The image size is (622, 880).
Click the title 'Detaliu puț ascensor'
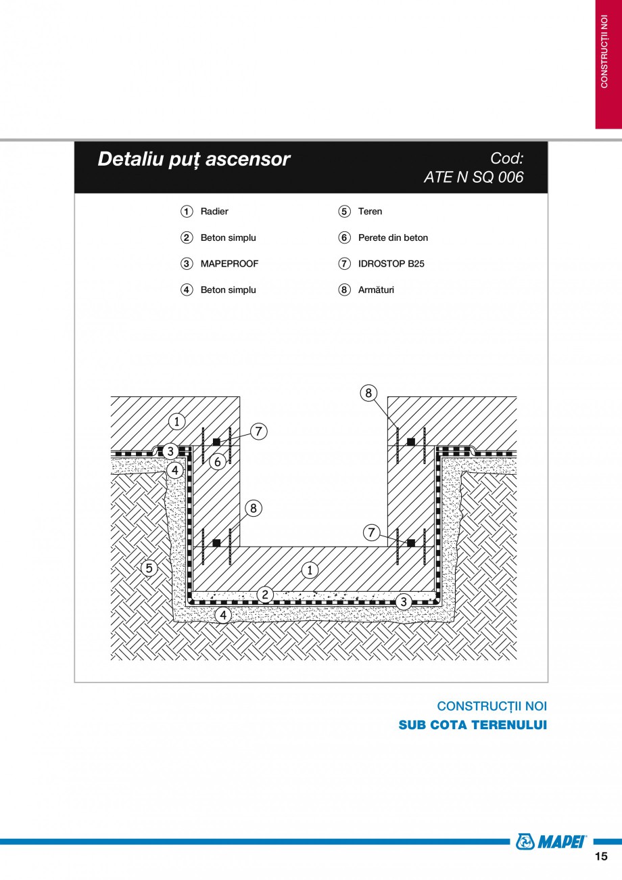pyautogui.click(x=193, y=159)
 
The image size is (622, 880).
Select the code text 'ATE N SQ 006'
pyautogui.click(x=473, y=177)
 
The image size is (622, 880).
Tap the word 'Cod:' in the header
pyautogui.click(x=506, y=158)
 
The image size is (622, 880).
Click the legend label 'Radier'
pyautogui.click(x=214, y=212)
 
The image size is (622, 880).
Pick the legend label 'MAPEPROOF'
pyautogui.click(x=229, y=264)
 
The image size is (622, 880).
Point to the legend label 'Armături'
pyautogui.click(x=376, y=290)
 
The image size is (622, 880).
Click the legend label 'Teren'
pyautogui.click(x=370, y=212)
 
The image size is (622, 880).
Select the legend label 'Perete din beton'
pyautogui.click(x=393, y=238)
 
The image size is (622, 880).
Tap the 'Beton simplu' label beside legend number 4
pyautogui.click(x=228, y=290)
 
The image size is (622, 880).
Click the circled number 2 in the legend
pyautogui.click(x=187, y=238)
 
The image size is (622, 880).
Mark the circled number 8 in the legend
pyautogui.click(x=345, y=290)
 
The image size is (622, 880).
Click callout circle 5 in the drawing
pyautogui.click(x=149, y=568)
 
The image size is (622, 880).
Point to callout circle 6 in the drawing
pyautogui.click(x=218, y=462)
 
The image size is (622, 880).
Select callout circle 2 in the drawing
pyautogui.click(x=266, y=595)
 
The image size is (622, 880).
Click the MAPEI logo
pyautogui.click(x=552, y=841)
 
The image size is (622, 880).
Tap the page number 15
pyautogui.click(x=601, y=856)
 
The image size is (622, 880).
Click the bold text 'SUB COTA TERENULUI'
pyautogui.click(x=473, y=725)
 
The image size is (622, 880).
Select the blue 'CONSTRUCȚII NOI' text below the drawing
pyautogui.click(x=492, y=706)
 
